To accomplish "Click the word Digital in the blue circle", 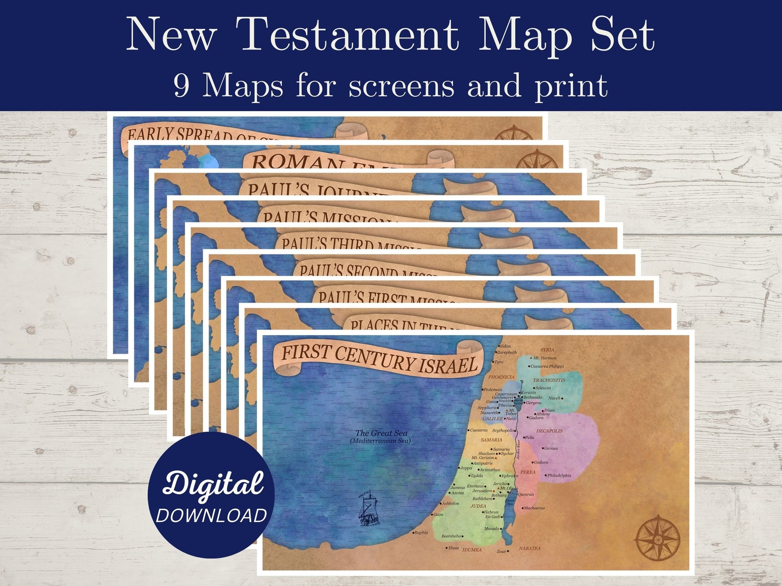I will [x=213, y=483].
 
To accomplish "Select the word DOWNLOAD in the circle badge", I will [x=212, y=515].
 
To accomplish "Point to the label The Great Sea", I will [x=381, y=433].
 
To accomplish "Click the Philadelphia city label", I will [x=559, y=476].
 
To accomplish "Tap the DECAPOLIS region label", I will [x=549, y=431].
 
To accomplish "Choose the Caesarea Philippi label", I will [x=547, y=367].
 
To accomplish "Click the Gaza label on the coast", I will [x=438, y=515].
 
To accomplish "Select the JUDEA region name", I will [x=478, y=506].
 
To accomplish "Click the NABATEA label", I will [x=529, y=548].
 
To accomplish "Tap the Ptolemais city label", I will [x=492, y=390].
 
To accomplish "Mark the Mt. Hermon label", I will [x=545, y=358].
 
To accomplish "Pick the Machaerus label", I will [x=534, y=508].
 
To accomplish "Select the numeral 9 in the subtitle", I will [x=181, y=86].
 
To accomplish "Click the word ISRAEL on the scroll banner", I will [x=448, y=365].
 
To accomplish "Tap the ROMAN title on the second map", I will [x=291, y=163].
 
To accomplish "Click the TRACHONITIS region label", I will [x=549, y=380].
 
